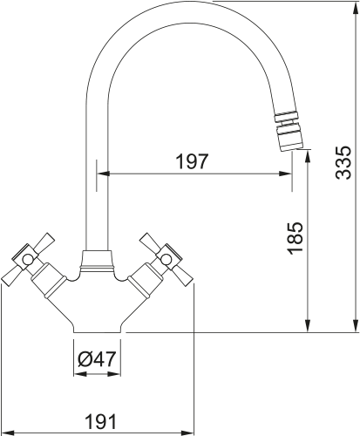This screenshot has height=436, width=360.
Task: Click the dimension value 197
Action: point(193,161)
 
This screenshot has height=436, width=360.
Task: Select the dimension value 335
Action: point(343,162)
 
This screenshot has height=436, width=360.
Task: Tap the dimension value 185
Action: point(295,239)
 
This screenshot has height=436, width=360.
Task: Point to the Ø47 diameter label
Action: point(97,359)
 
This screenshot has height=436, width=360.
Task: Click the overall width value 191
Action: point(100,421)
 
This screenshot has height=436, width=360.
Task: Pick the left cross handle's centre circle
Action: point(27,260)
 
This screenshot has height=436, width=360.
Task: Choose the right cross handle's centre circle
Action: point(166,260)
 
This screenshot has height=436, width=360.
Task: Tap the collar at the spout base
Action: point(97,261)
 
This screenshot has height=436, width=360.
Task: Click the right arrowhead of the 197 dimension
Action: point(285,174)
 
